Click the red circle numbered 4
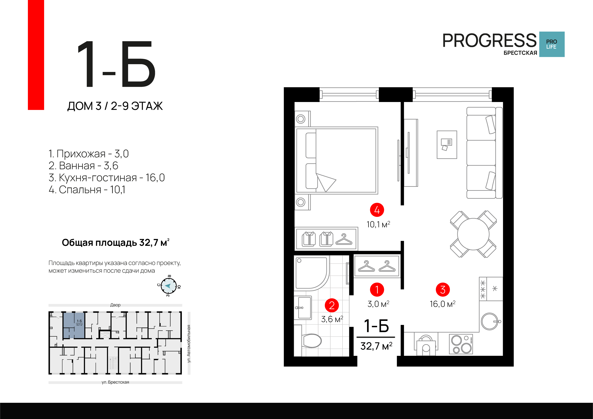pyautogui.click(x=377, y=210)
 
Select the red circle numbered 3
pyautogui.click(x=443, y=290)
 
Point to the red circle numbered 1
pyautogui.click(x=377, y=290)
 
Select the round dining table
pyautogui.click(x=473, y=234)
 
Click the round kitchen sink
pyautogui.click(x=490, y=321)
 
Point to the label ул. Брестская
pyautogui.click(x=115, y=382)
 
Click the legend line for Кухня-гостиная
pyautogui.click(x=107, y=178)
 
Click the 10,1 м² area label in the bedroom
pyautogui.click(x=378, y=224)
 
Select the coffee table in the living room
pyautogui.click(x=447, y=145)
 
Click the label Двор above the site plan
pyautogui.click(x=115, y=305)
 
